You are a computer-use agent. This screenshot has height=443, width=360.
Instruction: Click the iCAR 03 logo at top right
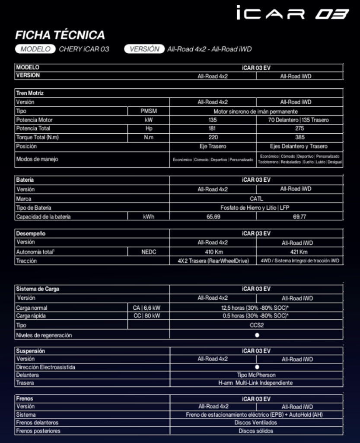pos(292,13)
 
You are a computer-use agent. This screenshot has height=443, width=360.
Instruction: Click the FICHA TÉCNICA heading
pos(60,35)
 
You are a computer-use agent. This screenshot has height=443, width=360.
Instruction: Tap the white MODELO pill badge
pos(35,49)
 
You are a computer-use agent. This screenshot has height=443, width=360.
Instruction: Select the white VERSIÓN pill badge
pos(144,49)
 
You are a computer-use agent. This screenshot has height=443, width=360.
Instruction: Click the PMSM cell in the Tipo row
pos(149,111)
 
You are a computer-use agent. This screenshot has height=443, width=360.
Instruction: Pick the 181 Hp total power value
pos(213,128)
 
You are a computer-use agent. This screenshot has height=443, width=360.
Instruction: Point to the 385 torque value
pos(299,138)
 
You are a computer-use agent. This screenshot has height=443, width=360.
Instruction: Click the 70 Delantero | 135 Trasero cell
pos(299,120)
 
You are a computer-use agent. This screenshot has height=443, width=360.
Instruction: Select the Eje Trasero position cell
pos(213,146)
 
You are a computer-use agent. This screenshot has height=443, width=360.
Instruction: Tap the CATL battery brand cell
pos(256,199)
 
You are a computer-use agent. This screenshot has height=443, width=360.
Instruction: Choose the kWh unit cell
pos(149,217)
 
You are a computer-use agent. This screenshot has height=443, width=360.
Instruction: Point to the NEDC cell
pos(149,252)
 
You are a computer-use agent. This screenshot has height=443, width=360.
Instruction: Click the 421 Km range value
pos(299,252)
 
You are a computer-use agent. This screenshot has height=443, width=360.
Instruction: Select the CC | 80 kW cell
pos(147,316)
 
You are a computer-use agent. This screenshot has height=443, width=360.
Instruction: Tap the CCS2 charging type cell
pos(256,325)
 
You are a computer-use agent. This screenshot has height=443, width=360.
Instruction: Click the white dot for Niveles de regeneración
pos(257,335)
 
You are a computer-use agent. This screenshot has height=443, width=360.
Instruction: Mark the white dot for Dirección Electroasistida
pos(257,367)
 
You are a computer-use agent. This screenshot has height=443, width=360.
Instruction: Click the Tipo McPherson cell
pos(256,375)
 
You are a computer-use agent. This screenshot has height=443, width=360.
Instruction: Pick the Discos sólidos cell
pos(256,431)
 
